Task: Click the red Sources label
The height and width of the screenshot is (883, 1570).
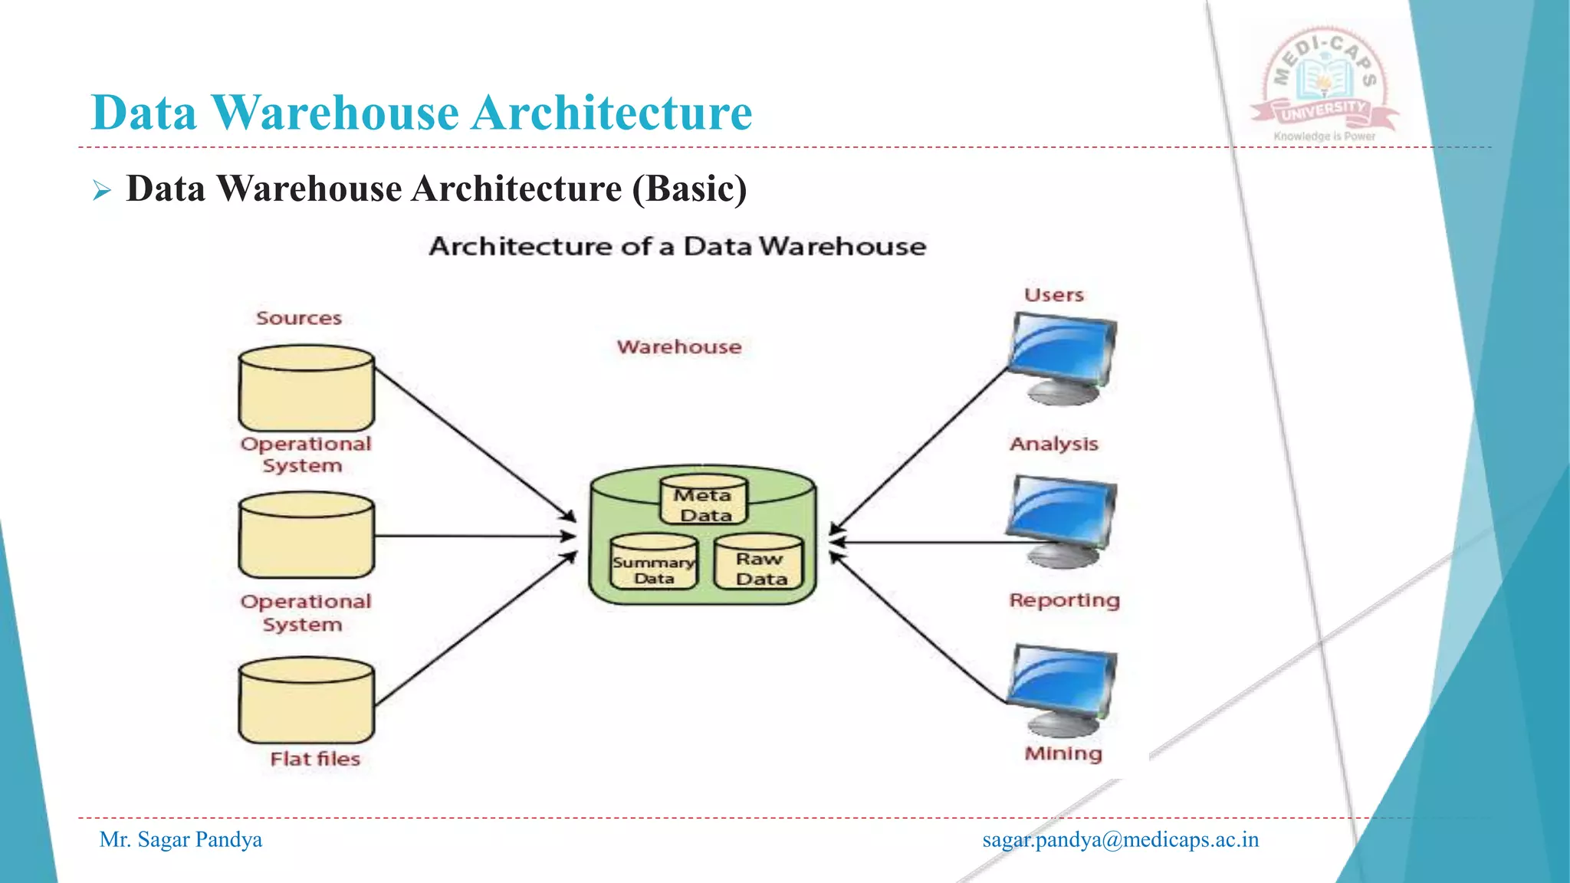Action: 298,318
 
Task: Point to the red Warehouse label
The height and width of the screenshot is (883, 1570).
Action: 678,347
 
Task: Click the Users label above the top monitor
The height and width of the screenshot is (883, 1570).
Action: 1053,295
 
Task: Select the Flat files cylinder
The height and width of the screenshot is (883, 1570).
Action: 306,701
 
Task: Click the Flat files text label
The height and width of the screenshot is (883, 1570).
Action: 315,759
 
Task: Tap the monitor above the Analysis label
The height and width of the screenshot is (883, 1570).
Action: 1062,357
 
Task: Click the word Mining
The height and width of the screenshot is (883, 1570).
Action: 1063,753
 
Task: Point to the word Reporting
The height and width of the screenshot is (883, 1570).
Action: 1064,600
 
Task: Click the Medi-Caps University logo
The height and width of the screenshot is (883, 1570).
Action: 1325,84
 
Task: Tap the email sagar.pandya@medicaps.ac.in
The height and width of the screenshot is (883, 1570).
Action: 1120,840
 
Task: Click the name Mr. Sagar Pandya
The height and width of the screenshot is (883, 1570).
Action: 181,840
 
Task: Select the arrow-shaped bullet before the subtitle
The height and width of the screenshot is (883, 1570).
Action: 102,190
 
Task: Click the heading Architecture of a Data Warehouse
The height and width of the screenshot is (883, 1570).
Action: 677,247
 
